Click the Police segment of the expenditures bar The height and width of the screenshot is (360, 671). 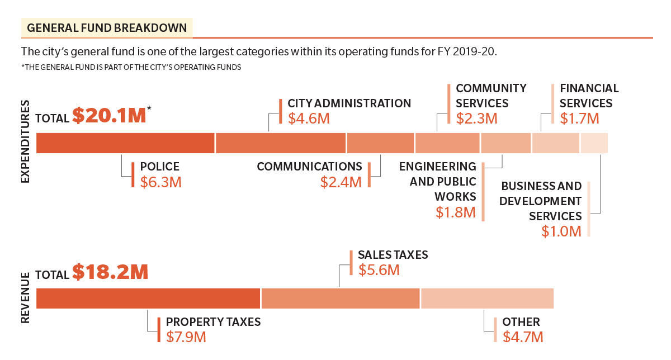coord(125,143)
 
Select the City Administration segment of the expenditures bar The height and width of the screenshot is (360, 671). coord(280,143)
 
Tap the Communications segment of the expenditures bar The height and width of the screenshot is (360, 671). coord(380,143)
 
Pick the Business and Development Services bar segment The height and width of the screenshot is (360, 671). coord(594,143)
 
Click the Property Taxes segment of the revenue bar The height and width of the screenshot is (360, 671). coord(148,298)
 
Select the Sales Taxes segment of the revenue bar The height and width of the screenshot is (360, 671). coord(340,298)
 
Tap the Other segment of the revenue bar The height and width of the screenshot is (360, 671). coord(487,298)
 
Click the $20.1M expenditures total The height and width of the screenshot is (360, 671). coord(108,115)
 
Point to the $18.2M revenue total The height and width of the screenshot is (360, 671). coord(110,272)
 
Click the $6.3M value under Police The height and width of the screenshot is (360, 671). coord(160,182)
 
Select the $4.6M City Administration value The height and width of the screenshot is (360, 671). coord(309,119)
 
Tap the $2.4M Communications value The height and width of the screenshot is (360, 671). coord(341,182)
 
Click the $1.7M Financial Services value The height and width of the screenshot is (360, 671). coord(579,119)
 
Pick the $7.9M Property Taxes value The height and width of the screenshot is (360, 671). coord(186,337)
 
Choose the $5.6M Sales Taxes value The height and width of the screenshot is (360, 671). coord(379,270)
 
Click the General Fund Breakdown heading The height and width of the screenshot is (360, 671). coord(107,28)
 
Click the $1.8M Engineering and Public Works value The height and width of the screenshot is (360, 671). coord(456,212)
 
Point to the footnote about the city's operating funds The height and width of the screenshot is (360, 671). coord(131,68)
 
